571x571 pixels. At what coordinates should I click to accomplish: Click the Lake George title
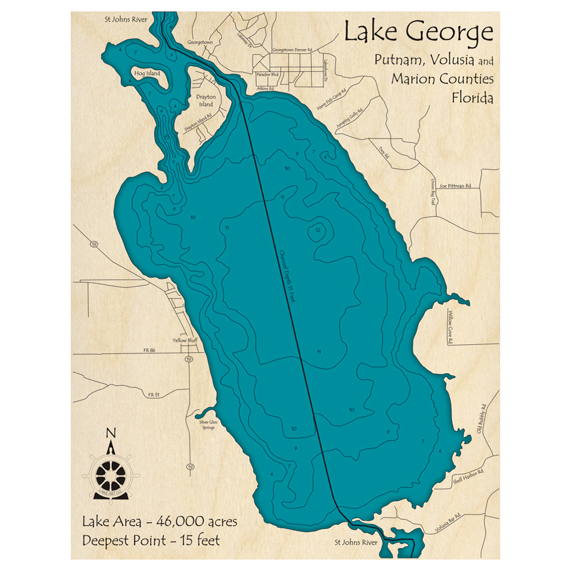point(418,33)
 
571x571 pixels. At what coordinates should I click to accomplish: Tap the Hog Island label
point(147,74)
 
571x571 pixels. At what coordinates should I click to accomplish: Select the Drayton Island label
point(206,100)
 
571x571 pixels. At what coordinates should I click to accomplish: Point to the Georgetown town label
point(200,42)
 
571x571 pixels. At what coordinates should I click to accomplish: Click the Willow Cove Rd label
point(451,328)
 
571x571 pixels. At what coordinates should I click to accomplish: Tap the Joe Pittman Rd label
point(455,186)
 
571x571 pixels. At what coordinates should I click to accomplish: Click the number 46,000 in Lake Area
point(170,521)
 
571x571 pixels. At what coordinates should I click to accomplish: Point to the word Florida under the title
point(472,98)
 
